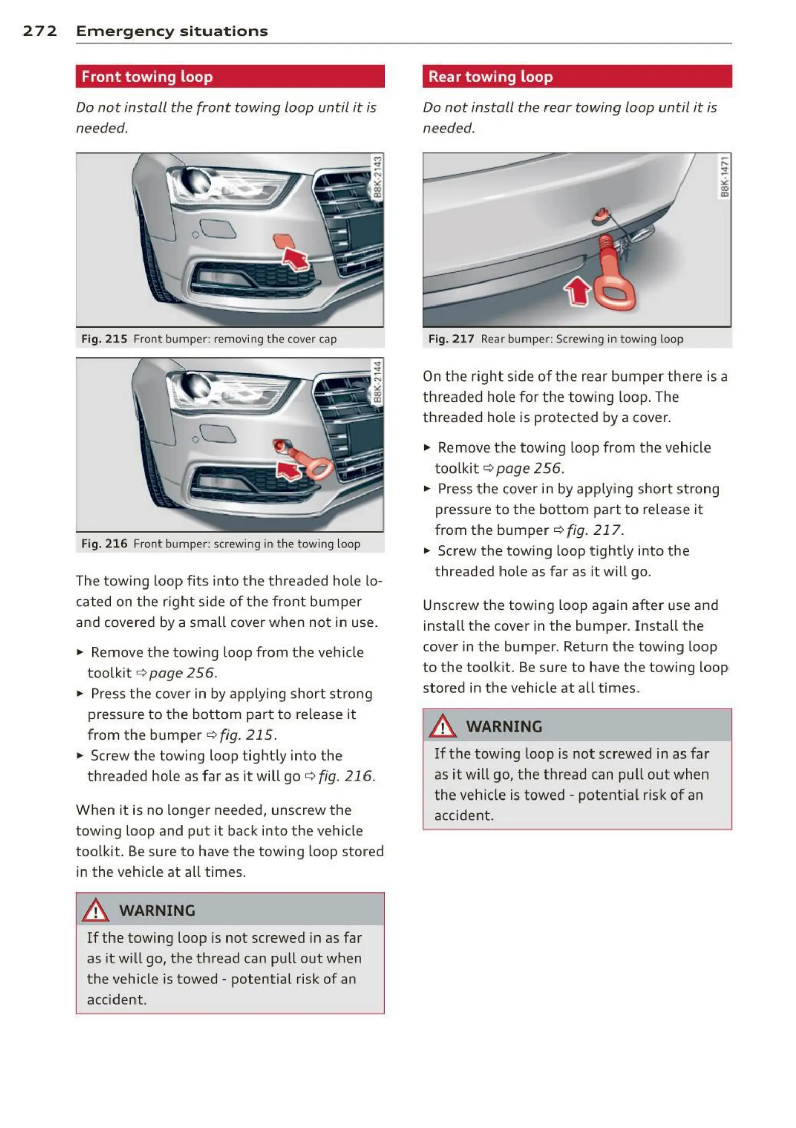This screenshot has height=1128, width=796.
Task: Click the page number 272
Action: (39, 31)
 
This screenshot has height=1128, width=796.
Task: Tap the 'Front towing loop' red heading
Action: (147, 77)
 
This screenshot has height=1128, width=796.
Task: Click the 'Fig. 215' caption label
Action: (104, 339)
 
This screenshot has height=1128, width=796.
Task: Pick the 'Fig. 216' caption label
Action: (104, 544)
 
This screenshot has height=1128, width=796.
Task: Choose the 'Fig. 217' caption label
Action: (451, 339)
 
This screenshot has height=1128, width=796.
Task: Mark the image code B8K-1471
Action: (724, 177)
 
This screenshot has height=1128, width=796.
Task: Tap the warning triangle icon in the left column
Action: (96, 910)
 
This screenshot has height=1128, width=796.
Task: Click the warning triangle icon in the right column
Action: (442, 726)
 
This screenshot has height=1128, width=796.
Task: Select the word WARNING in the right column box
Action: (504, 726)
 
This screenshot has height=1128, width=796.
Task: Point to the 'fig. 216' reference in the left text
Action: (346, 776)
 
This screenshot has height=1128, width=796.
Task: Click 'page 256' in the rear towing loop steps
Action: (529, 468)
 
